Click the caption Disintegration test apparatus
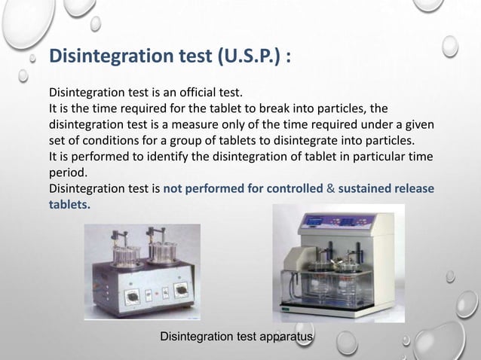[x=237, y=336]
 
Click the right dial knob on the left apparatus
[x=182, y=290]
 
